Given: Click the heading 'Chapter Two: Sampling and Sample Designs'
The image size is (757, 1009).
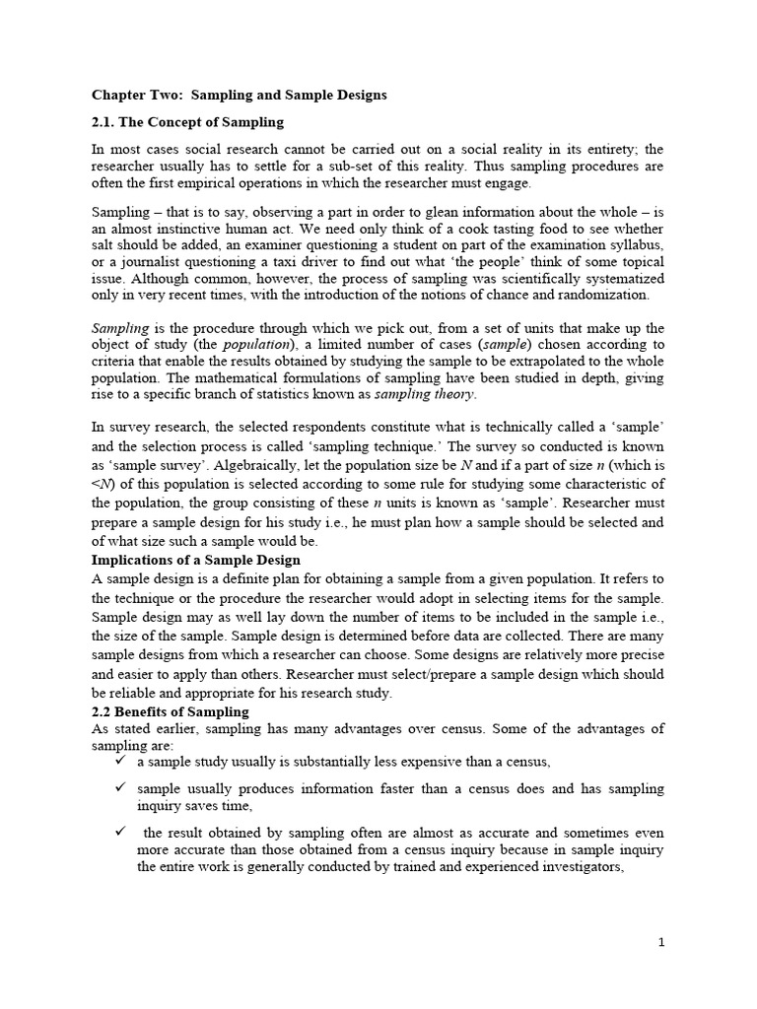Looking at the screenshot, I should (239, 95).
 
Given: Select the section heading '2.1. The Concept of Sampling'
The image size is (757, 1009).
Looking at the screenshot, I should (187, 122).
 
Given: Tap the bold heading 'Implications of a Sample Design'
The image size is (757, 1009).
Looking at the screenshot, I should (182, 560).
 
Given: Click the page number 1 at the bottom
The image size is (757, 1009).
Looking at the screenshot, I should (661, 943).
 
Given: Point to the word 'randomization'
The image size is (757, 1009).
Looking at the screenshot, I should (604, 295).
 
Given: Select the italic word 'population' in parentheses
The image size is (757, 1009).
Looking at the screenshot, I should (256, 345).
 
